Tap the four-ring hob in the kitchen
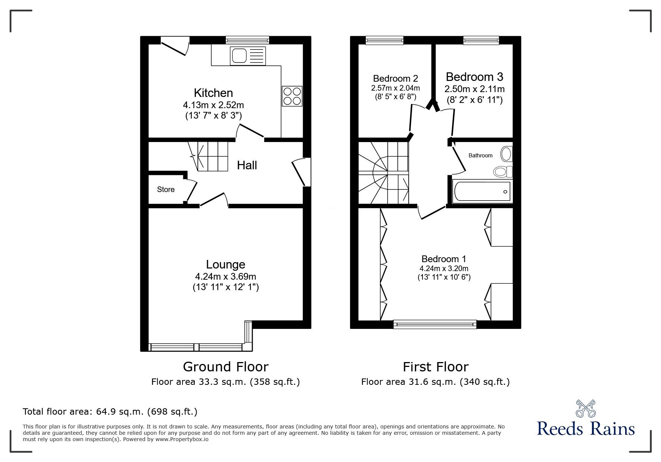coord(292,96)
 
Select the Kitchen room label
coord(213,93)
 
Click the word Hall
coord(247,165)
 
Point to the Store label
coord(166,189)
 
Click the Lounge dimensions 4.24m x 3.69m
coord(225,277)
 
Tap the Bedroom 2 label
coord(395,79)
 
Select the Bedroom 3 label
coord(474,77)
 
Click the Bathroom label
coord(480,155)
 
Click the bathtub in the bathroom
coord(481,192)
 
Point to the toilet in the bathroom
coord(502,172)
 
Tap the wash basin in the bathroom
coord(506,153)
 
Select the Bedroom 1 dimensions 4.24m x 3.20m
coord(443,268)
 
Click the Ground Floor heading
coord(225,367)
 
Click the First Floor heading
coord(435,367)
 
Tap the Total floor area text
coord(110,412)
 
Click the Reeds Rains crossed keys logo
coord(586,409)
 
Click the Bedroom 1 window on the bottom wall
coord(435,324)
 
